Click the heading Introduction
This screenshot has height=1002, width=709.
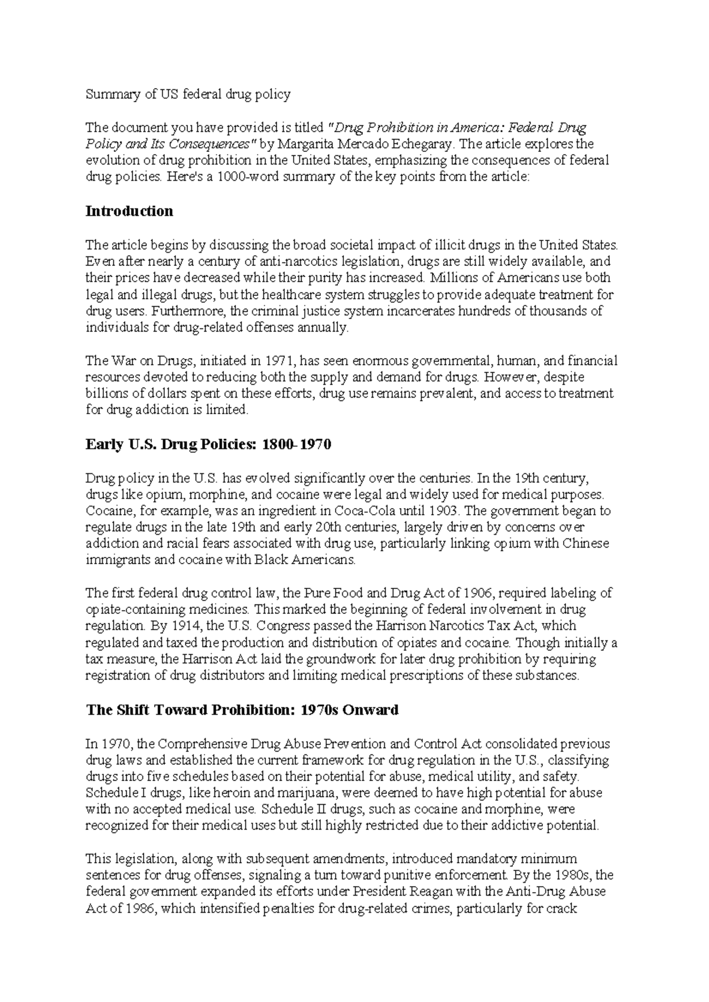tap(129, 212)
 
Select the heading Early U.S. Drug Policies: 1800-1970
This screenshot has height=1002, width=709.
tap(209, 444)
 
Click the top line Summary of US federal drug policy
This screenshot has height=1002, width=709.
tap(188, 94)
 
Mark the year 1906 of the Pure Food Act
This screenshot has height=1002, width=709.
tap(480, 593)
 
